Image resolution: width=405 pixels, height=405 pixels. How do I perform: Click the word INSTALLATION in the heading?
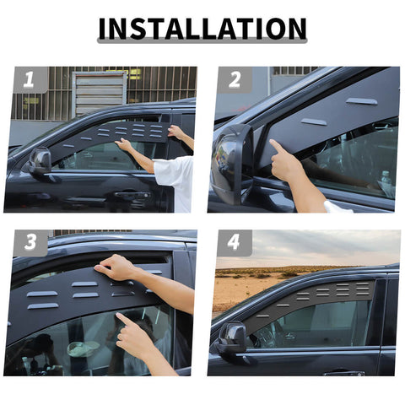point(202,29)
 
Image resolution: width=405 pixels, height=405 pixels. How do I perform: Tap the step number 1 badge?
point(30,81)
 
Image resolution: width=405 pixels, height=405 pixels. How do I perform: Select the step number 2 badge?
point(234,80)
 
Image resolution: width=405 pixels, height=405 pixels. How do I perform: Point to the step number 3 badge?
point(30,243)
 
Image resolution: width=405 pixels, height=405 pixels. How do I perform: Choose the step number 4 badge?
point(234,243)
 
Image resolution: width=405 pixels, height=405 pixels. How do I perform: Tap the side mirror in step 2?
point(230,161)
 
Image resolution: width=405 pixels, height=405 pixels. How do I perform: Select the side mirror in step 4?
point(232,337)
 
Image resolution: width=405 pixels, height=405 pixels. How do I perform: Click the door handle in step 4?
point(342,371)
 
